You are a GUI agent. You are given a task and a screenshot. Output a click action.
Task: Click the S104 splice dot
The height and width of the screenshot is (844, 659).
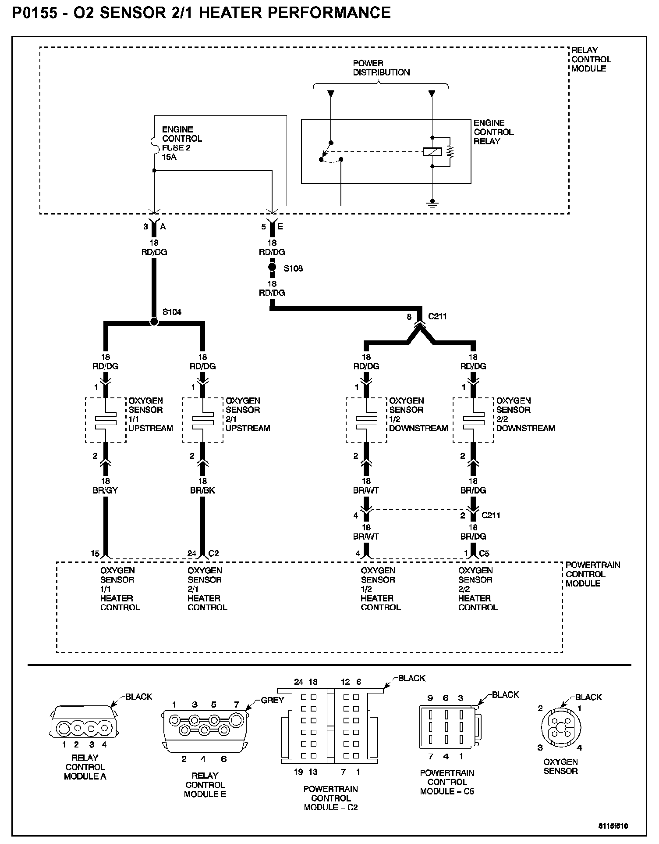[x=154, y=322]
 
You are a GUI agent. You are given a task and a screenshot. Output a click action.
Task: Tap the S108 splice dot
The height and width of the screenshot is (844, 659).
[x=272, y=267]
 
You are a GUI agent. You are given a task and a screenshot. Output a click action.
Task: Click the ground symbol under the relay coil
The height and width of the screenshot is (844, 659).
[x=432, y=203]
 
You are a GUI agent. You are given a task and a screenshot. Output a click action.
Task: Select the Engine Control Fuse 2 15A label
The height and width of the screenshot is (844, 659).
[x=181, y=143]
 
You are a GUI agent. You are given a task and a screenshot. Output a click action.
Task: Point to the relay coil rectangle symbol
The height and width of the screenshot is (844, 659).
[x=432, y=152]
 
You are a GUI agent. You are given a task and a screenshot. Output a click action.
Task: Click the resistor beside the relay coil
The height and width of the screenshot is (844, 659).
[x=450, y=152]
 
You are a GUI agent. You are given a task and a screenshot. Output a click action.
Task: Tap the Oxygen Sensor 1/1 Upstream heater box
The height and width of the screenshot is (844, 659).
[x=105, y=420]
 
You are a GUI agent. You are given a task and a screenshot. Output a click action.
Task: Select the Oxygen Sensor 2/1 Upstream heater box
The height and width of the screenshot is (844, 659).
[x=202, y=420]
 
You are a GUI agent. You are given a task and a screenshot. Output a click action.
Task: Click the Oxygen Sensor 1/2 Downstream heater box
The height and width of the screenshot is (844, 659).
[x=366, y=420]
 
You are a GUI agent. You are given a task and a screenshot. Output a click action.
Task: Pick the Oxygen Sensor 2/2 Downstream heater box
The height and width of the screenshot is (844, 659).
[x=473, y=420]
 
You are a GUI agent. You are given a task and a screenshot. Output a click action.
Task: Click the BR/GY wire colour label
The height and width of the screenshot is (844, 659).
[x=105, y=490]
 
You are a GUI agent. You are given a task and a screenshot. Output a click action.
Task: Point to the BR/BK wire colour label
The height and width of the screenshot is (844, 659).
[x=202, y=490]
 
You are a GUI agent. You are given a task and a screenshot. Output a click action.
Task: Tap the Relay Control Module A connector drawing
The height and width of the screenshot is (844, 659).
[x=85, y=728]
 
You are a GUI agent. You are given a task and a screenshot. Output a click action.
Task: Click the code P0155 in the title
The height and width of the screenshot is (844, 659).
[x=34, y=12]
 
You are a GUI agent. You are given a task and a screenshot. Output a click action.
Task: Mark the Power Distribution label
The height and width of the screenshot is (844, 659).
[x=381, y=68]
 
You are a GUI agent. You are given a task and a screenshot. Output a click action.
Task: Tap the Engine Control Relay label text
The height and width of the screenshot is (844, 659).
[x=493, y=132]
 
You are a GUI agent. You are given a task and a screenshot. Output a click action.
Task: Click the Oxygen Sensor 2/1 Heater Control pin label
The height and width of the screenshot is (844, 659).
[x=207, y=589]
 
